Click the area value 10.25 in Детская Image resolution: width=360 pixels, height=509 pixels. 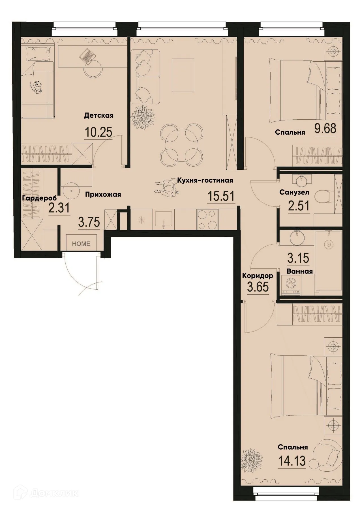coord(98,132)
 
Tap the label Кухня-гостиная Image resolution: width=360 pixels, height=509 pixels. coord(205,180)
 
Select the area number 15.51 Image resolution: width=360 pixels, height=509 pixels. coord(221,196)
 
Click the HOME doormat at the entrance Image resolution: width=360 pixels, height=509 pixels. coord(81,244)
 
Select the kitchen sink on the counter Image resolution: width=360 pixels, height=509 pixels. coord(163,219)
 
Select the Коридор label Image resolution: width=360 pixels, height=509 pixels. coord(258,276)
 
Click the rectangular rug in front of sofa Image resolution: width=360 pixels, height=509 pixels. coord(183,75)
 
